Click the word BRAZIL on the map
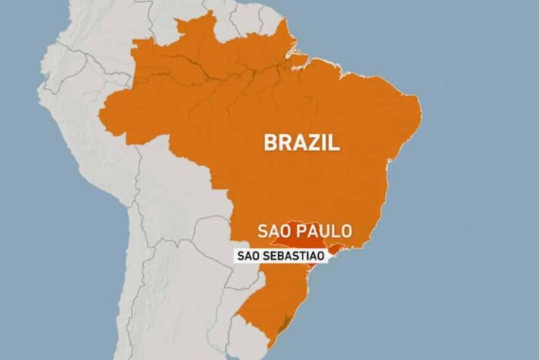[301, 142]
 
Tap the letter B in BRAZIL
[270, 142]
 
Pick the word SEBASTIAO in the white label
[296, 256]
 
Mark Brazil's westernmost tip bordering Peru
[99, 116]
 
